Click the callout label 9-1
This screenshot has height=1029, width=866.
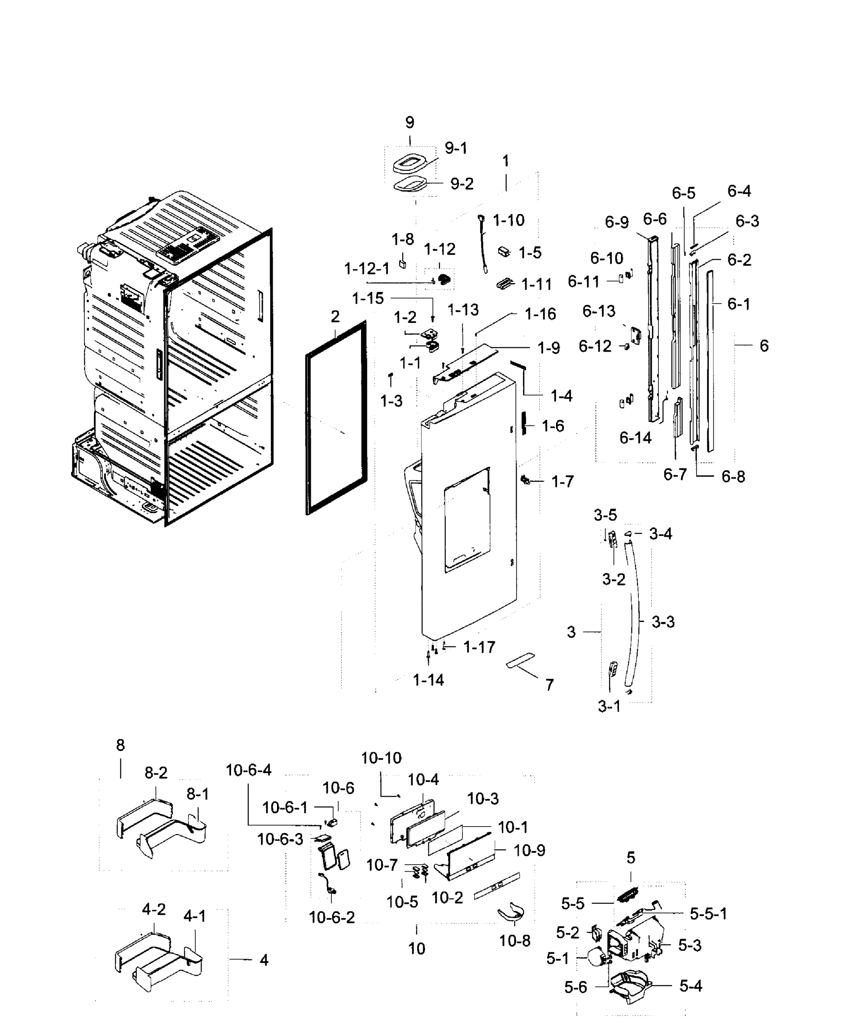pos(456,148)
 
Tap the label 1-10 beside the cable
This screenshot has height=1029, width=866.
pos(508,220)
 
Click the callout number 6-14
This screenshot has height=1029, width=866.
pos(635,437)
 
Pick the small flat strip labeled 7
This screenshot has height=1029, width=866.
pos(520,660)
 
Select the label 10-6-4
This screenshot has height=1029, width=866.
pos(248,770)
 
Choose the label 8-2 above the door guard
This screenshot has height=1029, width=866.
pos(156,773)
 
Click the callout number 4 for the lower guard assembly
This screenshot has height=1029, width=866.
pos(264,960)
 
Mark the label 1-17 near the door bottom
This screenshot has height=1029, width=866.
pos(479,647)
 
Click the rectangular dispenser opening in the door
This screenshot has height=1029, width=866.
pos(467,521)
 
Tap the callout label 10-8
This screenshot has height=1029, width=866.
pos(514,941)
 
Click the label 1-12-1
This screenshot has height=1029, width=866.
pos(367,268)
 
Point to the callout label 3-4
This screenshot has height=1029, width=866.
pos(660,534)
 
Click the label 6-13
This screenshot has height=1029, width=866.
pos(598,311)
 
